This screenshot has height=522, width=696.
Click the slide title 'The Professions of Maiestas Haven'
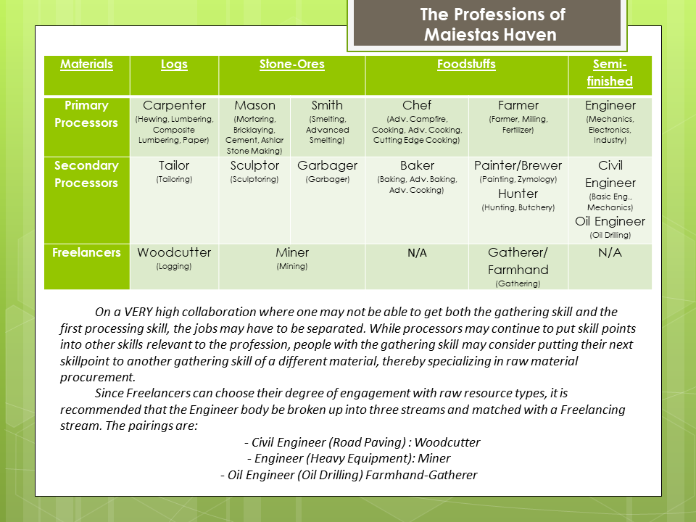point(492,25)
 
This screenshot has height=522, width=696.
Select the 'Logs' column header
point(174,64)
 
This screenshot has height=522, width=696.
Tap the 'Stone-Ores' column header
point(292,64)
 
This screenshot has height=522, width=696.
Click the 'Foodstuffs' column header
point(466,64)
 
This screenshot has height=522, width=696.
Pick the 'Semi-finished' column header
point(610,72)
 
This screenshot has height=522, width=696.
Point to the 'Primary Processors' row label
point(86,114)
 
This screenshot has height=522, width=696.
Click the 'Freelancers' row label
point(86,252)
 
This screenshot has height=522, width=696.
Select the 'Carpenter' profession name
point(174,105)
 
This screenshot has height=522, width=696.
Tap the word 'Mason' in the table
point(254,105)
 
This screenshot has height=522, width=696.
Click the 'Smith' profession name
point(327,105)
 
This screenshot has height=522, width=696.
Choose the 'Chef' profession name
point(417,105)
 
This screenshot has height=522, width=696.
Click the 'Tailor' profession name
point(174,165)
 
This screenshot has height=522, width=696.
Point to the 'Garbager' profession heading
point(327,165)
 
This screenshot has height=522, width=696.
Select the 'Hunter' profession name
point(518,194)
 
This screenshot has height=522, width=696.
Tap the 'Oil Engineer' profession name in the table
point(610,221)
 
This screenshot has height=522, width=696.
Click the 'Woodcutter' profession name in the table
point(174,252)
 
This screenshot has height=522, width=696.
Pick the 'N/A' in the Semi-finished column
point(610,252)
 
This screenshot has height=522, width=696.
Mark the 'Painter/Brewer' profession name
point(518,165)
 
